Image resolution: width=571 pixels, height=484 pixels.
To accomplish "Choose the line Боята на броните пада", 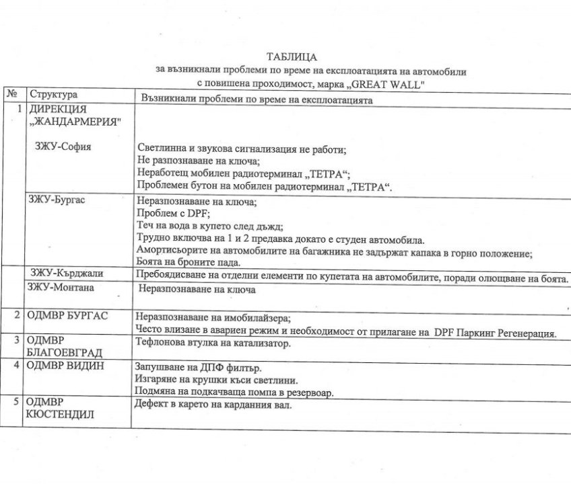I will click(x=187, y=263).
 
